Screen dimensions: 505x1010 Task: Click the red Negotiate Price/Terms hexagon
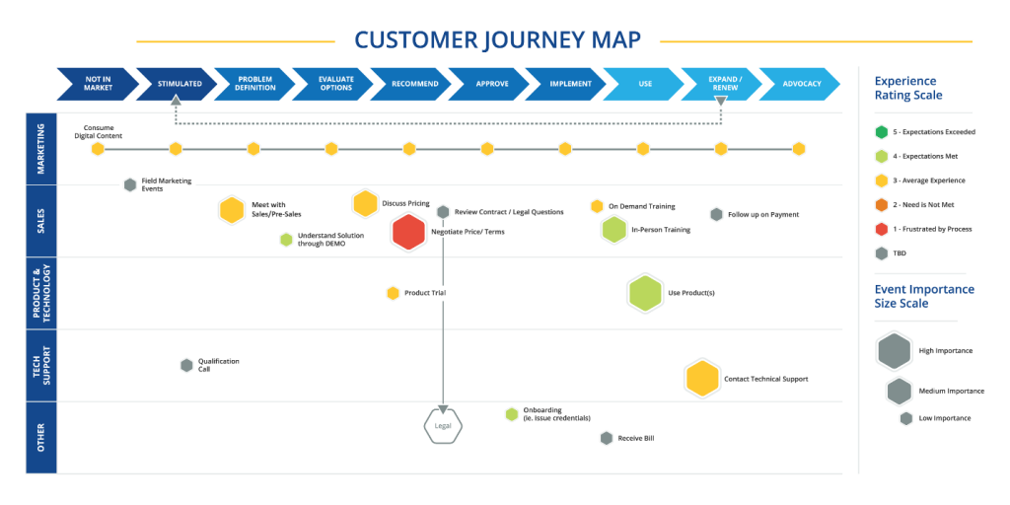[408, 232]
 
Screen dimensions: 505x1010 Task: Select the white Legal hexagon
[443, 426]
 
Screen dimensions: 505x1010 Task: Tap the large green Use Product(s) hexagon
[644, 293]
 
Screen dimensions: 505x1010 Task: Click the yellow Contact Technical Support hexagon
[701, 379]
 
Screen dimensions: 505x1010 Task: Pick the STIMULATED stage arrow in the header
[179, 84]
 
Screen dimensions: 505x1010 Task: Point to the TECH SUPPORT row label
[40, 366]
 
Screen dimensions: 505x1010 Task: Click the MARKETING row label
[40, 149]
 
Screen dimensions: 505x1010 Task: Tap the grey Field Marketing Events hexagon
[129, 184]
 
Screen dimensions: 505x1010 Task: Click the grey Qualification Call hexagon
[186, 365]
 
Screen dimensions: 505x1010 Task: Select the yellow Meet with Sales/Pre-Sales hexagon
[232, 209]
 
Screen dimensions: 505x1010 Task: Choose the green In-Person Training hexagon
[614, 230]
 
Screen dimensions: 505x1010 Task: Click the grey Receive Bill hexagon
[606, 438]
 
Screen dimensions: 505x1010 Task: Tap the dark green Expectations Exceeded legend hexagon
[881, 131]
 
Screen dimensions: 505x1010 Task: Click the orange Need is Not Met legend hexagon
[881, 204]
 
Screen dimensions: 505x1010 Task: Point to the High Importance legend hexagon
[894, 350]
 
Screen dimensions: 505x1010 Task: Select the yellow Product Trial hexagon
[393, 293]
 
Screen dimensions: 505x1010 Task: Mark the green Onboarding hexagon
[511, 414]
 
